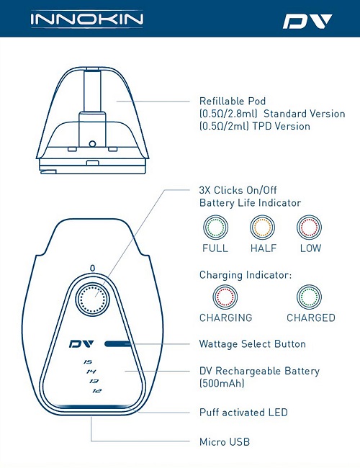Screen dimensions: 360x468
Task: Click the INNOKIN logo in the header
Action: [x=86, y=19]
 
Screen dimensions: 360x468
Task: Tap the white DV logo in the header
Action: [x=307, y=22]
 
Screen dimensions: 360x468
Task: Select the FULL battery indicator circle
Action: [x=215, y=228]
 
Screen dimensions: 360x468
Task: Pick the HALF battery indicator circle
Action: [x=262, y=228]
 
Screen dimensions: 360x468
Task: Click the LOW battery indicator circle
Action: [x=310, y=228]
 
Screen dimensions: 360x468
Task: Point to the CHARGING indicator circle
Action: [x=225, y=297]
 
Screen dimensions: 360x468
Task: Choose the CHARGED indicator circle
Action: [x=310, y=297]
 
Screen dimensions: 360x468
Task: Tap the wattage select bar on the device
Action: [x=117, y=344]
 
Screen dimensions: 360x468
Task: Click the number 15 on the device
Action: [x=88, y=361]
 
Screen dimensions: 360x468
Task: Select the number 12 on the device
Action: [x=96, y=391]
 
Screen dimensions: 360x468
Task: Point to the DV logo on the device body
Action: [x=81, y=344]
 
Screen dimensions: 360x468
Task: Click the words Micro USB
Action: [x=225, y=442]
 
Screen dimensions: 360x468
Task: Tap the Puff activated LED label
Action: [x=243, y=413]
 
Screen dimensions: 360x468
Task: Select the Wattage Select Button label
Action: [x=253, y=344]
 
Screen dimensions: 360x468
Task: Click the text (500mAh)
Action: [x=222, y=383]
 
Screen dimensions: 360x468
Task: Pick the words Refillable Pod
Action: [x=233, y=101]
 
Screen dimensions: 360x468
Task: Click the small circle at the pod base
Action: [x=92, y=144]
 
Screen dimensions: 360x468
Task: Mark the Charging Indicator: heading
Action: [x=246, y=275]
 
